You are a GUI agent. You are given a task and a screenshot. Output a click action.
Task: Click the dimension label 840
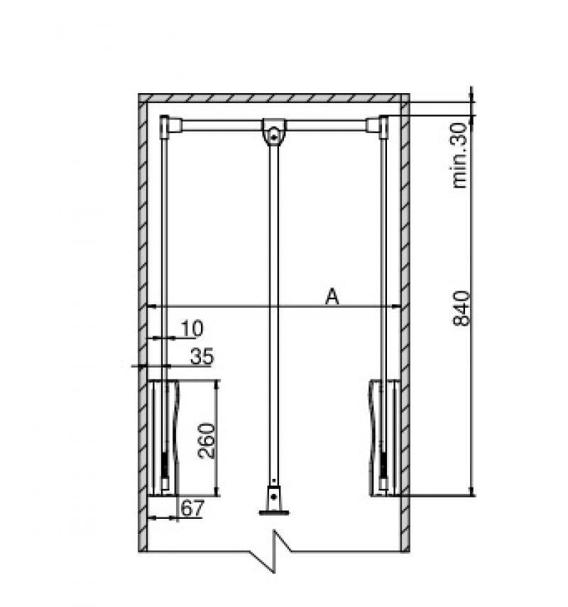tap(461, 308)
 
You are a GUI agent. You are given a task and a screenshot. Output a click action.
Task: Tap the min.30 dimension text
tap(460, 155)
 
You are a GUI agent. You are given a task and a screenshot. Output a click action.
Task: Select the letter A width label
tap(332, 297)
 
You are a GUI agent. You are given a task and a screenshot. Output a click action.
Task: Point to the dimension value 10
tap(192, 328)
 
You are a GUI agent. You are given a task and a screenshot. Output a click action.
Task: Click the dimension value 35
tap(202, 356)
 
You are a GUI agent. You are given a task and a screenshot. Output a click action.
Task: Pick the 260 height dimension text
tap(206, 441)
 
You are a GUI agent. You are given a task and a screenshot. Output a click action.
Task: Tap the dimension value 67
tap(192, 508)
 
